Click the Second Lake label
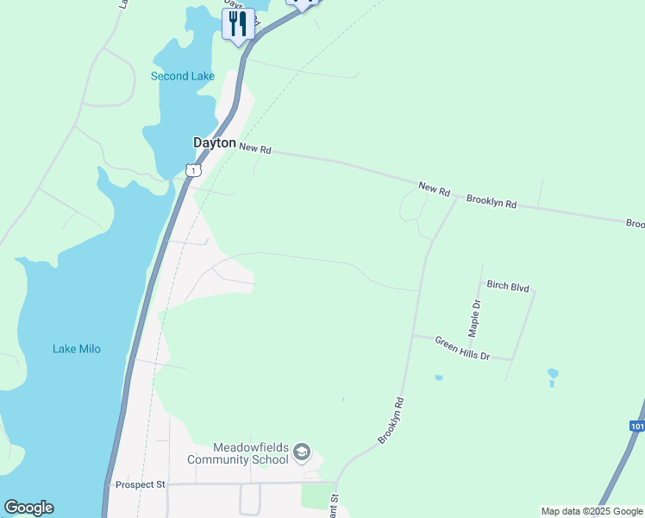(183, 76)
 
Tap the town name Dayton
(214, 143)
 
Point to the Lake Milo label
(77, 349)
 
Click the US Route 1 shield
(193, 170)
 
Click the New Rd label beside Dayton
(255, 149)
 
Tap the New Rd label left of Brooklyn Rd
(435, 187)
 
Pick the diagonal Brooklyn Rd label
(391, 421)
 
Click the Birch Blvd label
(508, 286)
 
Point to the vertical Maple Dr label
(473, 318)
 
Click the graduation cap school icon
(301, 452)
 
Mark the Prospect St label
(140, 484)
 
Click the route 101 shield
(637, 426)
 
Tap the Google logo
(28, 508)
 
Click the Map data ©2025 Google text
(592, 511)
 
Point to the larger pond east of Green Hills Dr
(553, 376)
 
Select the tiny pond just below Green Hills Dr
(439, 377)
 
